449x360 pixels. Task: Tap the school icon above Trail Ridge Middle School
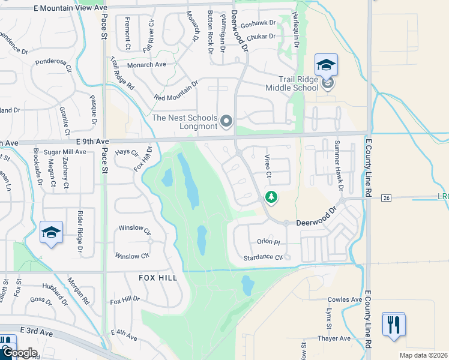(326, 65)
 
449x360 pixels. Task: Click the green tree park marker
(271, 196)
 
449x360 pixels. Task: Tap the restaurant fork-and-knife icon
(393, 325)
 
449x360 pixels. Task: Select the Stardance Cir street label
(263, 257)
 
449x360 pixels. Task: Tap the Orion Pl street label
(268, 242)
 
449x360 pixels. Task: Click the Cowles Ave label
(345, 299)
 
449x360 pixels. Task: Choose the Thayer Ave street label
(334, 338)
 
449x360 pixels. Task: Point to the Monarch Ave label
(146, 64)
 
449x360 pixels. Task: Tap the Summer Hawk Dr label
(338, 166)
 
